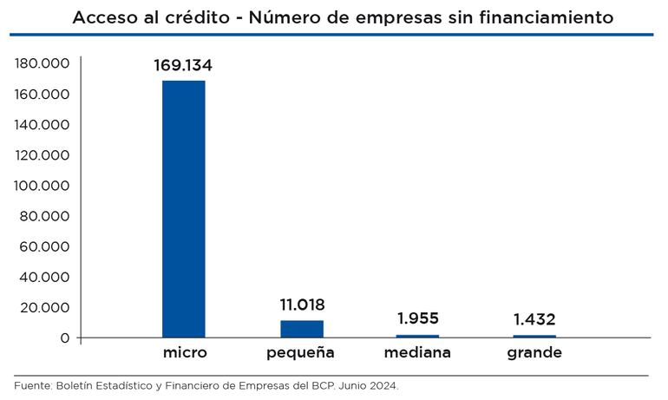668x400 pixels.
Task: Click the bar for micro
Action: coord(184,208)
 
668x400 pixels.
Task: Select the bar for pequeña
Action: coord(301,329)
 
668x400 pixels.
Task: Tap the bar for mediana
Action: coord(417,336)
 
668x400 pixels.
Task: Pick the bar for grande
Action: coord(534,336)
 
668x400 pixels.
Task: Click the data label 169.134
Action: coord(183,66)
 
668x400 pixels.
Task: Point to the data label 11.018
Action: coord(301,305)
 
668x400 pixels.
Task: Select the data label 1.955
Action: coord(417,318)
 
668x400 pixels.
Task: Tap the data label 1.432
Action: coord(534,320)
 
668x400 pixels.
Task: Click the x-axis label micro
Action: coord(184,353)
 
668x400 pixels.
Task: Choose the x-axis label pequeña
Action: coord(301,353)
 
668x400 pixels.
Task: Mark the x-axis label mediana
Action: coord(417,353)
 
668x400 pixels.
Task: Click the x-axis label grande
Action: coord(534,353)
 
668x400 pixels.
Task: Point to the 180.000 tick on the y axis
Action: coord(42,64)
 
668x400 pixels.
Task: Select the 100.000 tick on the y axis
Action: coord(42,186)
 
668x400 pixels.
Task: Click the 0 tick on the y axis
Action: coord(64,338)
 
